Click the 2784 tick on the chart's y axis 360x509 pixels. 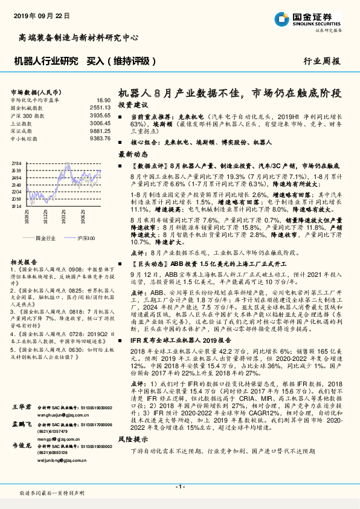(x=16, y=163)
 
